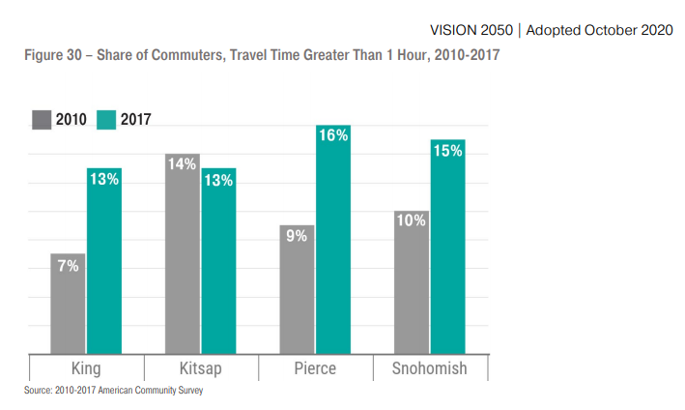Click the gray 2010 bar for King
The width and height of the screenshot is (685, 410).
point(68,304)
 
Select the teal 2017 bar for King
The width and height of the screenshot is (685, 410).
point(103,261)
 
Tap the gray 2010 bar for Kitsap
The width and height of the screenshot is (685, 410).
point(183,253)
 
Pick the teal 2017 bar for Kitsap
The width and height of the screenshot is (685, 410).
point(218,261)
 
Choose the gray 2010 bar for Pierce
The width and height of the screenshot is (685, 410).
point(298,289)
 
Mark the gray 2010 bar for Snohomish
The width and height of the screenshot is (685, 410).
point(412,281)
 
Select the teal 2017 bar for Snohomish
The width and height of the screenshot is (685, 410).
point(447,247)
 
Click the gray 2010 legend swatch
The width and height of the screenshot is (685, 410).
point(43,120)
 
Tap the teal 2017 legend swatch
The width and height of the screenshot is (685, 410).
point(106,120)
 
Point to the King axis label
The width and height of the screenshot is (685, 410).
point(86,368)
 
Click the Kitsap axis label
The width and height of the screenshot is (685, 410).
point(200,368)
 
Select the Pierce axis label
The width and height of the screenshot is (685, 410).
point(315,368)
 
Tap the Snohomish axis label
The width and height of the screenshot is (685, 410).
point(430,368)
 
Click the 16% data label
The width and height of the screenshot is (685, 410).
point(333,136)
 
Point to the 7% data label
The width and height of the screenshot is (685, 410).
point(68,266)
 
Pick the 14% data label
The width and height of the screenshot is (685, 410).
point(183,164)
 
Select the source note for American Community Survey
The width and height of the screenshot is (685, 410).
point(114,391)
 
